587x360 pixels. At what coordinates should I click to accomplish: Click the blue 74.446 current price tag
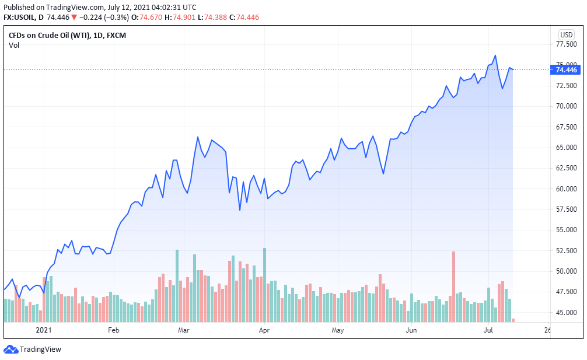566,70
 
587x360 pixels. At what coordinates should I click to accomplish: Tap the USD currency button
566,34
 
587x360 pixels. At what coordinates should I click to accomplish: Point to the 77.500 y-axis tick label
566,44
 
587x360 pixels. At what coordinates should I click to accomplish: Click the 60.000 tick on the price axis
566,188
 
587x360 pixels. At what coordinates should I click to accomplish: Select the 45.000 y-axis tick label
566,312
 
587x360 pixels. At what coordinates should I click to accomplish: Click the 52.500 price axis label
566,250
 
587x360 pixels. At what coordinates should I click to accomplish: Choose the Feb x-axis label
113,330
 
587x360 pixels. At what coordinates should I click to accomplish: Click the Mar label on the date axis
184,330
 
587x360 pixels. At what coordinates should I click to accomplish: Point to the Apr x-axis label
264,330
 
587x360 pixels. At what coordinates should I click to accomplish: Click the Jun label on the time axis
411,330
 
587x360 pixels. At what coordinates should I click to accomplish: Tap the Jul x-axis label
488,330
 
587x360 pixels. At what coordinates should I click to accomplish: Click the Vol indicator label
14,46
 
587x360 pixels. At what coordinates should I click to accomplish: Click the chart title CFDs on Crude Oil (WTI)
49,35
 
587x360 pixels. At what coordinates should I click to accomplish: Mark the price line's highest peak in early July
495,56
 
